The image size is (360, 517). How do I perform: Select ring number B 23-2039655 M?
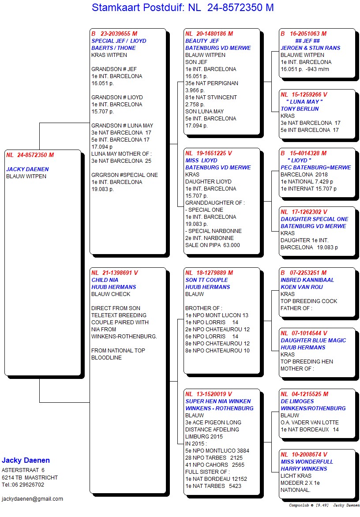click(114, 34)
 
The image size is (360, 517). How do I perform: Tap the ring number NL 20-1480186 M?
click(209, 34)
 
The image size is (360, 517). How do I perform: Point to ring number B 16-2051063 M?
click(304, 34)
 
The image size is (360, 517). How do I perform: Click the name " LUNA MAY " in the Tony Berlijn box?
click(304, 102)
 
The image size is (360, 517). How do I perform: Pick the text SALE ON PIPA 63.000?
click(213, 245)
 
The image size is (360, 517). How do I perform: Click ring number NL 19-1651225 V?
click(209, 154)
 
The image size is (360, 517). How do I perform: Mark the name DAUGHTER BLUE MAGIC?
click(313, 341)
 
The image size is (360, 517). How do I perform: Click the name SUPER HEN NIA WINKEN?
click(218, 401)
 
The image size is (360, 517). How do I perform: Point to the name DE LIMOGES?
click(297, 401)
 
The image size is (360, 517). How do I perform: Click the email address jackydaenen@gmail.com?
click(32, 499)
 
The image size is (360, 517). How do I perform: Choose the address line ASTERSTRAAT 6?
click(23, 470)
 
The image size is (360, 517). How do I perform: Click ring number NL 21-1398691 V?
click(115, 273)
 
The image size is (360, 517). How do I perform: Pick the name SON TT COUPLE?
click(206, 280)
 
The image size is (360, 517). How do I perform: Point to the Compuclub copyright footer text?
click(324, 505)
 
